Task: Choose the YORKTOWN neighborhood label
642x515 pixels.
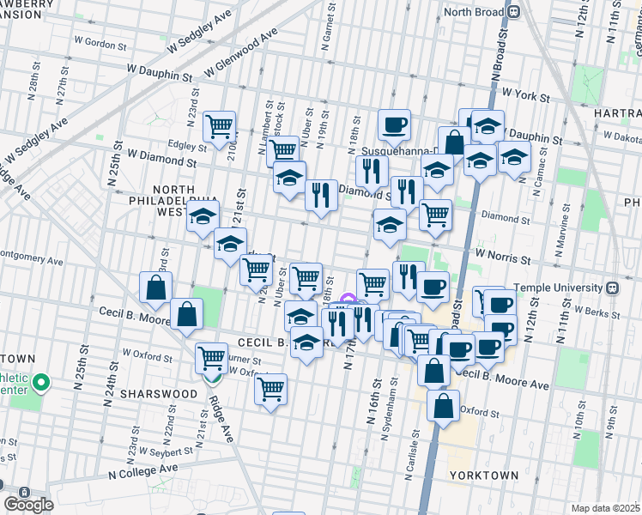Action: click(483, 475)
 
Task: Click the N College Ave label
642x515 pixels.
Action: click(142, 470)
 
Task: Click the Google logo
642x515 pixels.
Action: click(28, 504)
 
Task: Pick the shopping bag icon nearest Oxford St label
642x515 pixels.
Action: click(443, 407)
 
